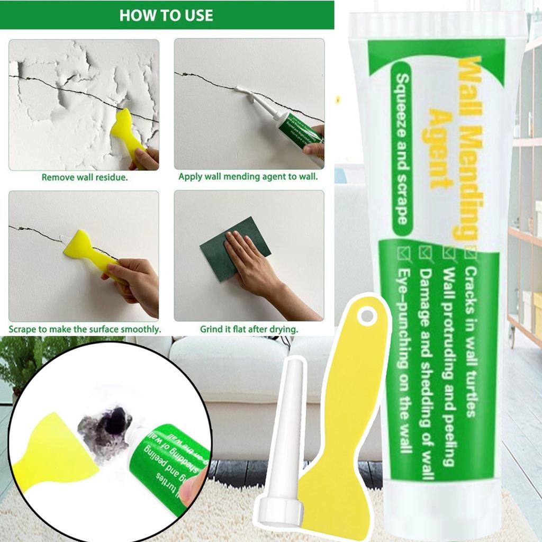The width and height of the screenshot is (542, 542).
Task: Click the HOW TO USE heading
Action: pos(166,15)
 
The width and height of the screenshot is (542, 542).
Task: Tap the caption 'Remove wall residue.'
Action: pos(85,177)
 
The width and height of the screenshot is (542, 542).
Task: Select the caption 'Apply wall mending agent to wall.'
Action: pos(248,177)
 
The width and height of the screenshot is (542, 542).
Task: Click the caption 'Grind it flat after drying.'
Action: pos(248,329)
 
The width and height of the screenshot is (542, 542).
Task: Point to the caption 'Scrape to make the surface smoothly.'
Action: pos(85,329)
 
